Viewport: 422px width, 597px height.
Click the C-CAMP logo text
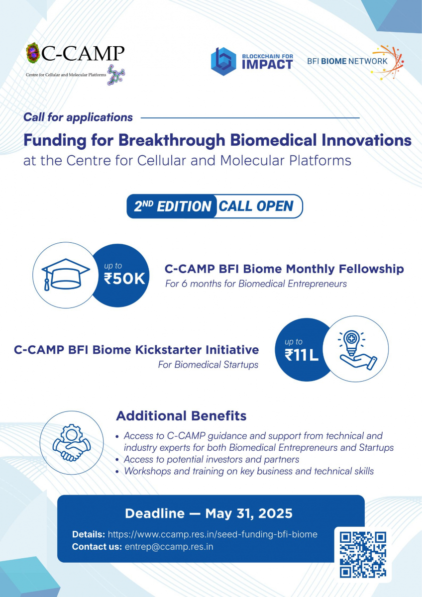click(83, 53)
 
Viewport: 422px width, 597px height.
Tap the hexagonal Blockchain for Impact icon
click(223, 62)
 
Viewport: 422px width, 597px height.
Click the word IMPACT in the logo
click(267, 65)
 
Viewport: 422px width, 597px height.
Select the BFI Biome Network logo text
click(347, 61)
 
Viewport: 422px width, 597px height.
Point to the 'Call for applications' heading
click(78, 117)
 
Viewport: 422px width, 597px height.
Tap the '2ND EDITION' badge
click(172, 206)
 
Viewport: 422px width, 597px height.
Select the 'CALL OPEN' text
click(256, 206)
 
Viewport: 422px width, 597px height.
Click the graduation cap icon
click(66, 275)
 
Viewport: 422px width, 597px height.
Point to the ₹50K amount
click(124, 279)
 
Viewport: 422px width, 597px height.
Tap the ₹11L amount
click(302, 355)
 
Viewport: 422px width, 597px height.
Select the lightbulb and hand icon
click(357, 350)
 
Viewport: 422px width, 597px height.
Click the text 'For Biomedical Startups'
click(208, 365)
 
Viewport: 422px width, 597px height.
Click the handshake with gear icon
click(72, 442)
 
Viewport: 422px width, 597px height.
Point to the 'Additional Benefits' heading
click(181, 416)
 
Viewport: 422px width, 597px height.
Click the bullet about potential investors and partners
click(211, 459)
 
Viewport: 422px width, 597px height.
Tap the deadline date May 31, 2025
click(249, 513)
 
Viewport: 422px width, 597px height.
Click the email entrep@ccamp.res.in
click(169, 546)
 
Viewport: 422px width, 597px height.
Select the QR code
click(363, 555)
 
